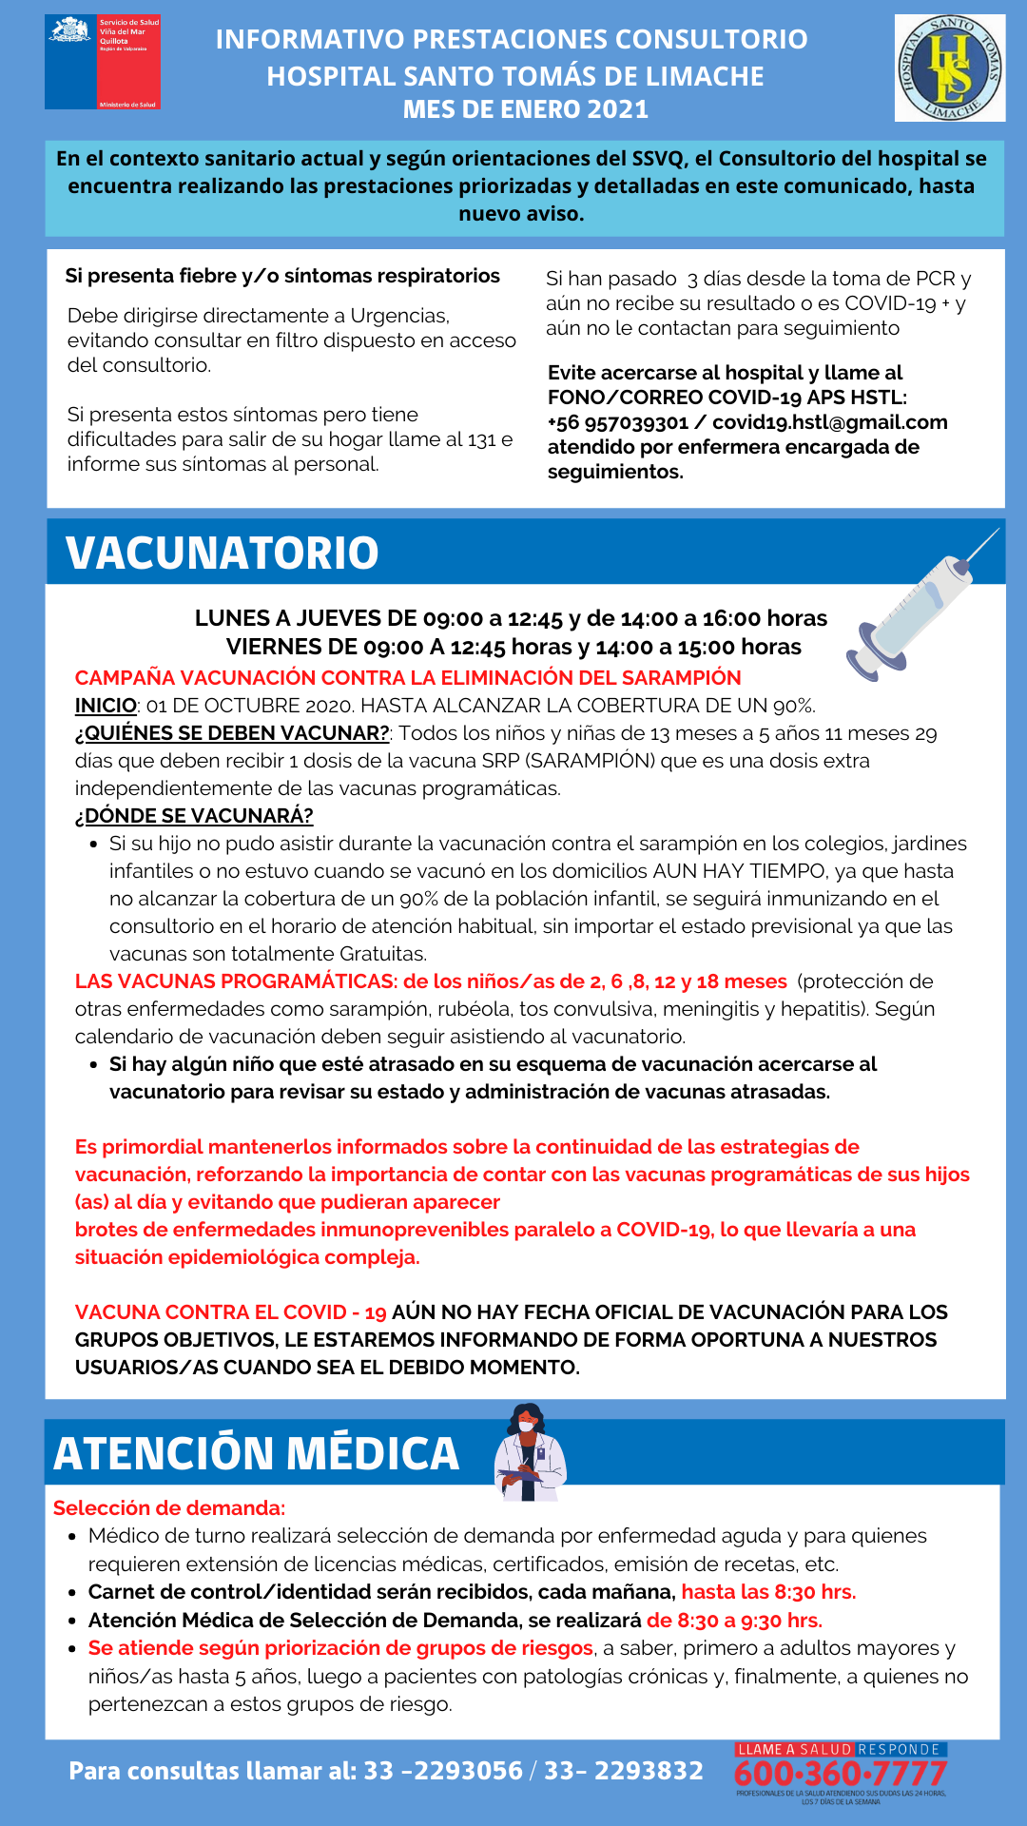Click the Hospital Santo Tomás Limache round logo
point(950,68)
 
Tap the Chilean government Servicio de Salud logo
point(103,62)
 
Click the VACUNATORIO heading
point(222,553)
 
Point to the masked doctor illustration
point(529,1452)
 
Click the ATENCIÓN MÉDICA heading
point(256,1453)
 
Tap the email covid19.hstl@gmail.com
point(829,422)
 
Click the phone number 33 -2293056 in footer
point(443,1771)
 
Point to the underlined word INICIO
point(106,706)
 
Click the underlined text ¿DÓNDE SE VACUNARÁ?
point(194,816)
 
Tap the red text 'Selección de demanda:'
point(169,1507)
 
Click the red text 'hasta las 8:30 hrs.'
point(768,1592)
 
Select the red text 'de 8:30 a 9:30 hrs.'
point(734,1621)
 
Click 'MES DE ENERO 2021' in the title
point(525,109)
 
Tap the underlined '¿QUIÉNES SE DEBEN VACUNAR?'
point(232,733)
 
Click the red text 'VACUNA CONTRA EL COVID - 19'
point(230,1312)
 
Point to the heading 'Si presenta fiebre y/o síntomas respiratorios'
point(282,276)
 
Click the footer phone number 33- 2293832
point(624,1771)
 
